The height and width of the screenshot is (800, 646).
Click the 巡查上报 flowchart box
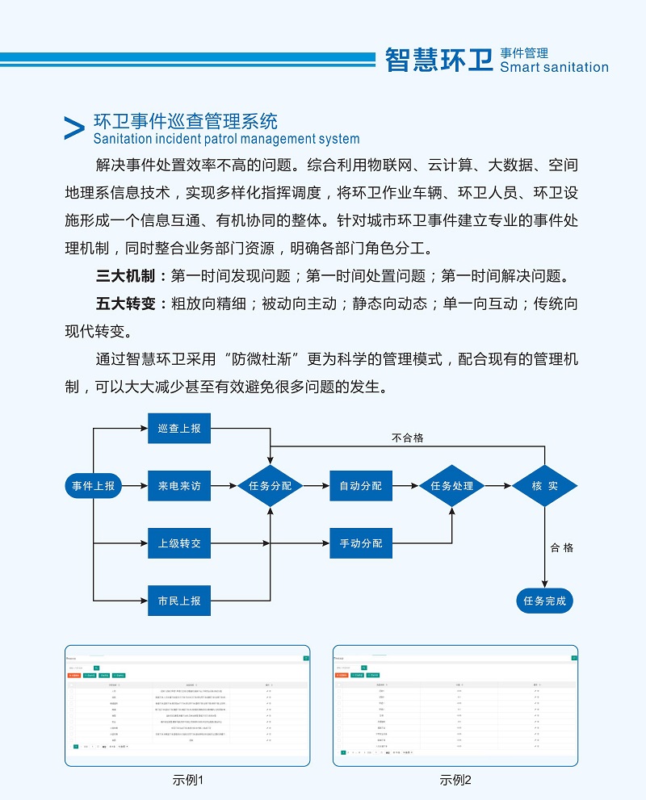179,428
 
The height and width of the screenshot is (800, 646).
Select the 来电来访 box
179,486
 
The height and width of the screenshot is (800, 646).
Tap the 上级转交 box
179,543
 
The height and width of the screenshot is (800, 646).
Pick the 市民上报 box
179,601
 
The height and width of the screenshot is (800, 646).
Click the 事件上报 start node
93,486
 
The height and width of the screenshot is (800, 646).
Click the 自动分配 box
361,486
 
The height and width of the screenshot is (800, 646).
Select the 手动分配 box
361,543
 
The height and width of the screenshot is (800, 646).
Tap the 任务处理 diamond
452,486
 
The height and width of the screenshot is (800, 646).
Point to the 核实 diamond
544,486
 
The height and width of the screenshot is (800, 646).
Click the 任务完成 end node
544,601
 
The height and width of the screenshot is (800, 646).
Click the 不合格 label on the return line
408,438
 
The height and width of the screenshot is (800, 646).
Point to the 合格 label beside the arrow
562,547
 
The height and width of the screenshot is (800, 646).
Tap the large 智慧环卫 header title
438,59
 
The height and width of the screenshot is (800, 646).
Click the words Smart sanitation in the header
554,68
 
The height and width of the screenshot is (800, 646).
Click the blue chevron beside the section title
73,128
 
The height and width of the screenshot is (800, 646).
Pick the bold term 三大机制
125,276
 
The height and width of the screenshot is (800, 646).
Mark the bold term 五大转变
125,304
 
